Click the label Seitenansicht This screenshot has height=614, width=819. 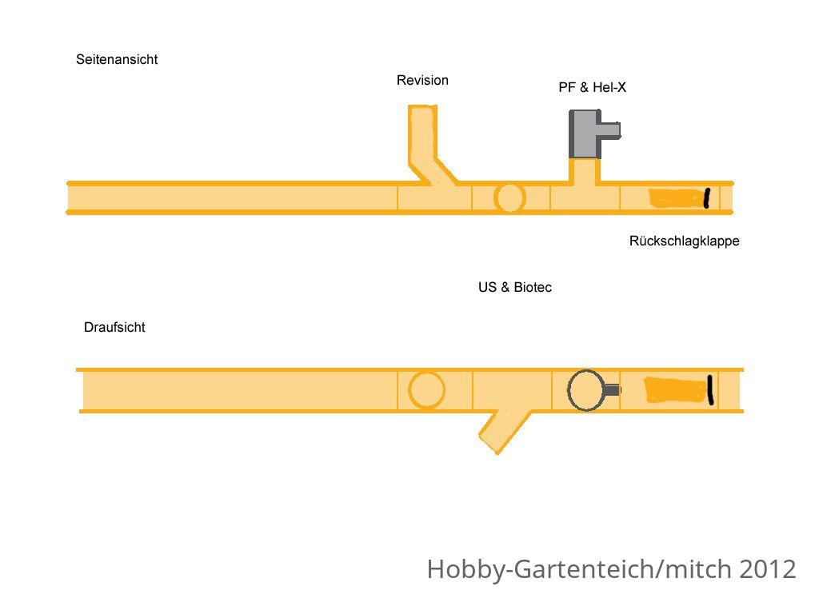pyautogui.click(x=117, y=59)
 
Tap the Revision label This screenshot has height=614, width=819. pyautogui.click(x=422, y=81)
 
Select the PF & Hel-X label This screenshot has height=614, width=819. pyautogui.click(x=593, y=87)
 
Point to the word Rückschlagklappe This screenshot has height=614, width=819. pyautogui.click(x=685, y=241)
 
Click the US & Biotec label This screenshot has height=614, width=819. pyautogui.click(x=515, y=287)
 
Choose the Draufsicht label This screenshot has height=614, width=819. pyautogui.click(x=114, y=327)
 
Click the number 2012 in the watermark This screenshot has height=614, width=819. pyautogui.click(x=767, y=568)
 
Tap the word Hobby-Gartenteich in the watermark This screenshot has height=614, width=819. pyautogui.click(x=541, y=569)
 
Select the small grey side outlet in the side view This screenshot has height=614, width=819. pyautogui.click(x=610, y=130)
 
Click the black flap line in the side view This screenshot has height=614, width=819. pyautogui.click(x=707, y=198)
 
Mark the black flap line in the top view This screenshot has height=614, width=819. pyautogui.click(x=710, y=389)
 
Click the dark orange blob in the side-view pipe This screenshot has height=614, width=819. pyautogui.click(x=677, y=198)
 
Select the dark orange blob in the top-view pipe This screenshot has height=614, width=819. pyautogui.click(x=676, y=390)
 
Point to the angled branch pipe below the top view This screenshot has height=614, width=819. pyautogui.click(x=505, y=431)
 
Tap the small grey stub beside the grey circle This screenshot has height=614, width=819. pyautogui.click(x=612, y=390)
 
